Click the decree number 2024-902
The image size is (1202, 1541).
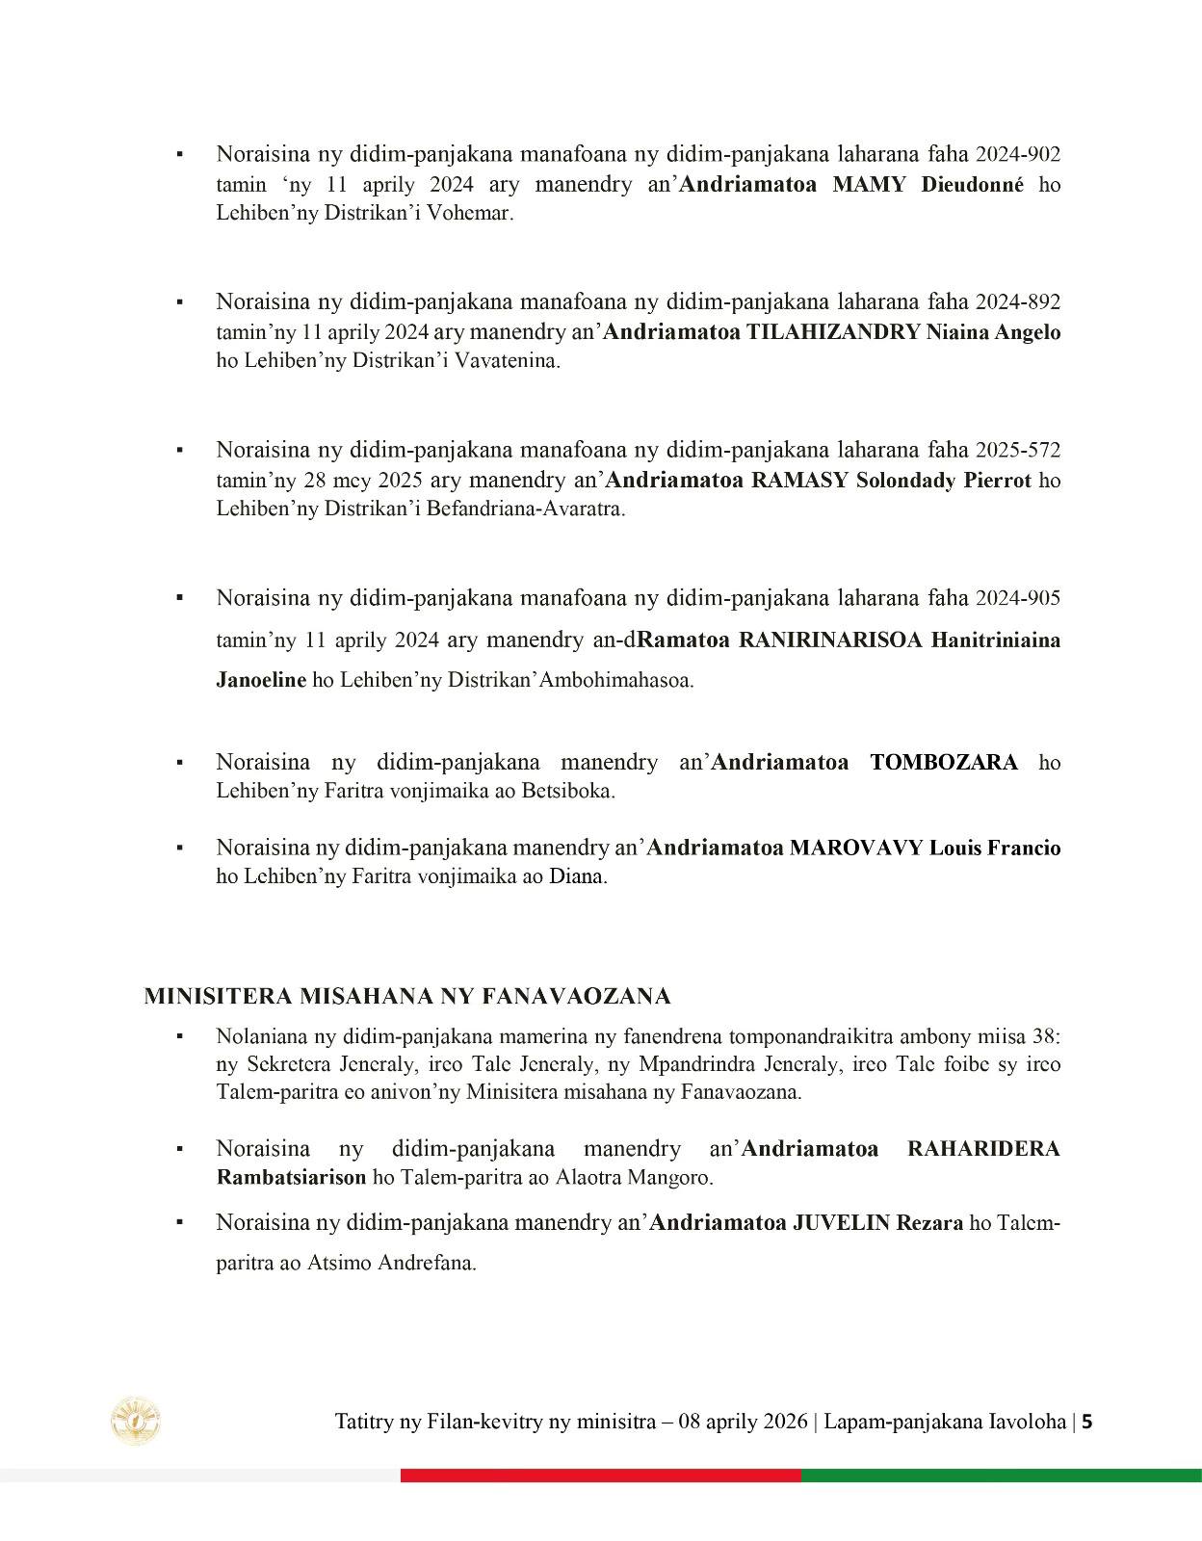(1018, 154)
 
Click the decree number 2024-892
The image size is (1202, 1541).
(1018, 301)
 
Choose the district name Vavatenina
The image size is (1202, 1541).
(510, 361)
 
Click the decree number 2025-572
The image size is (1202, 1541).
(1018, 450)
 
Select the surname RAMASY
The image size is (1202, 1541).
(799, 480)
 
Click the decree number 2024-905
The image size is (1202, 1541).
(1018, 598)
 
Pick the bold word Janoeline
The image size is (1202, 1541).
(261, 680)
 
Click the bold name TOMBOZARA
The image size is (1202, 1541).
(944, 763)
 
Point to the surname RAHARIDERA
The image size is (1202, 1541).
(983, 1149)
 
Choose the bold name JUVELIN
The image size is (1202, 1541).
(841, 1223)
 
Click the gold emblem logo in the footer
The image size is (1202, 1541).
(136, 1421)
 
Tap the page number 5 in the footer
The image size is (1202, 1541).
(1087, 1422)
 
